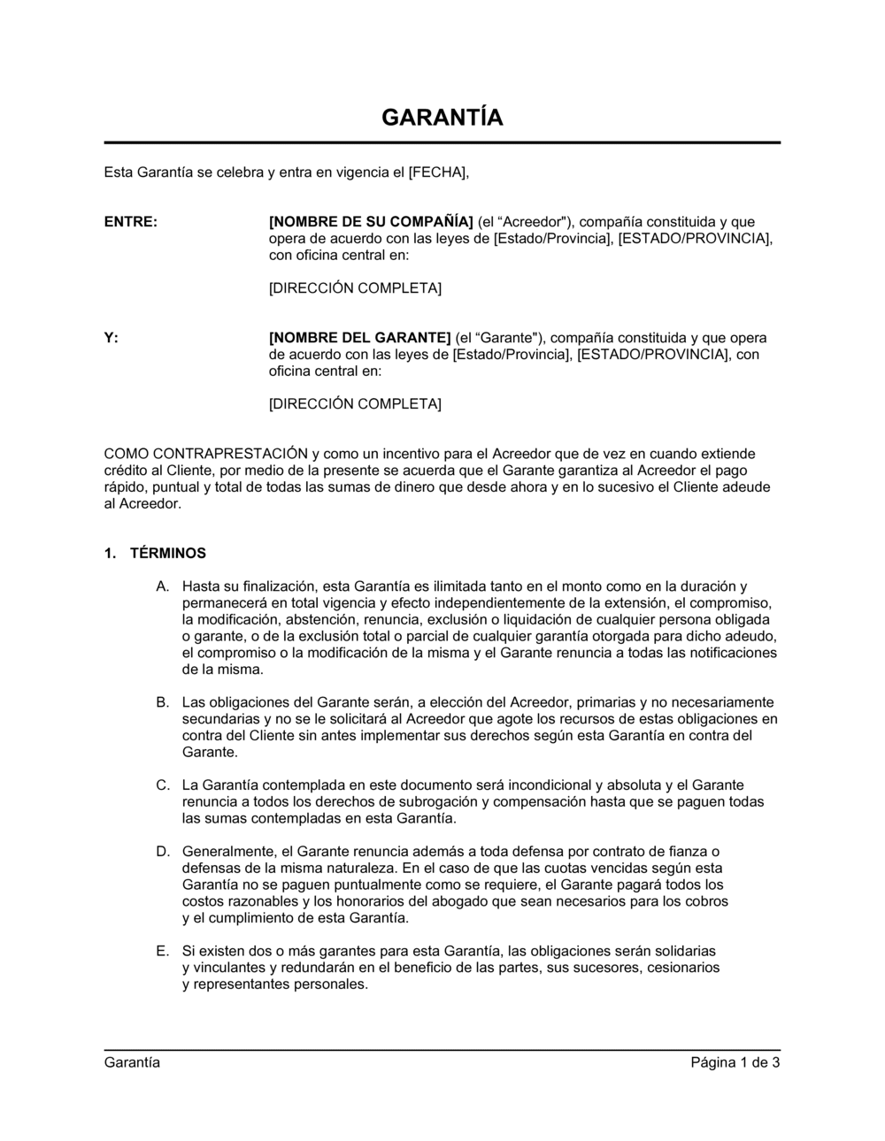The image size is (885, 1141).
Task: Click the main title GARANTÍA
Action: coord(442,118)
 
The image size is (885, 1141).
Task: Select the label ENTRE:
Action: coord(131,222)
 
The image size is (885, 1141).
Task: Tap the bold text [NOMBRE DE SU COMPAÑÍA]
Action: coord(371,222)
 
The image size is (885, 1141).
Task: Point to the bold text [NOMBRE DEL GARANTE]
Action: coord(359,338)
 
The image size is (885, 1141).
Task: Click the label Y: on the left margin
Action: coord(112,338)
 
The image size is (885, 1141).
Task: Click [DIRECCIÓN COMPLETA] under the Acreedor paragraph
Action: coord(355,288)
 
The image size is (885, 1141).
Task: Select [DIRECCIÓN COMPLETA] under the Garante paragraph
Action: coord(355,404)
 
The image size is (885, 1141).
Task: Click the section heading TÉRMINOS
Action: coord(167,554)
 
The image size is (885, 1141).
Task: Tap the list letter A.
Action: coord(162,586)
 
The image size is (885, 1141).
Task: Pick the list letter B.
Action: coord(162,702)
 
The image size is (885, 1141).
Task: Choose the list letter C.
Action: coord(162,785)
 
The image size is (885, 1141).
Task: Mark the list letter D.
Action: coord(162,852)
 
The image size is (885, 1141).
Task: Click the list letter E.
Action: coord(162,952)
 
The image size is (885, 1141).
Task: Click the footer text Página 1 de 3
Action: coord(735,1062)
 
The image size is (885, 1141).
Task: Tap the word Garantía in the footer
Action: coord(132,1062)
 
